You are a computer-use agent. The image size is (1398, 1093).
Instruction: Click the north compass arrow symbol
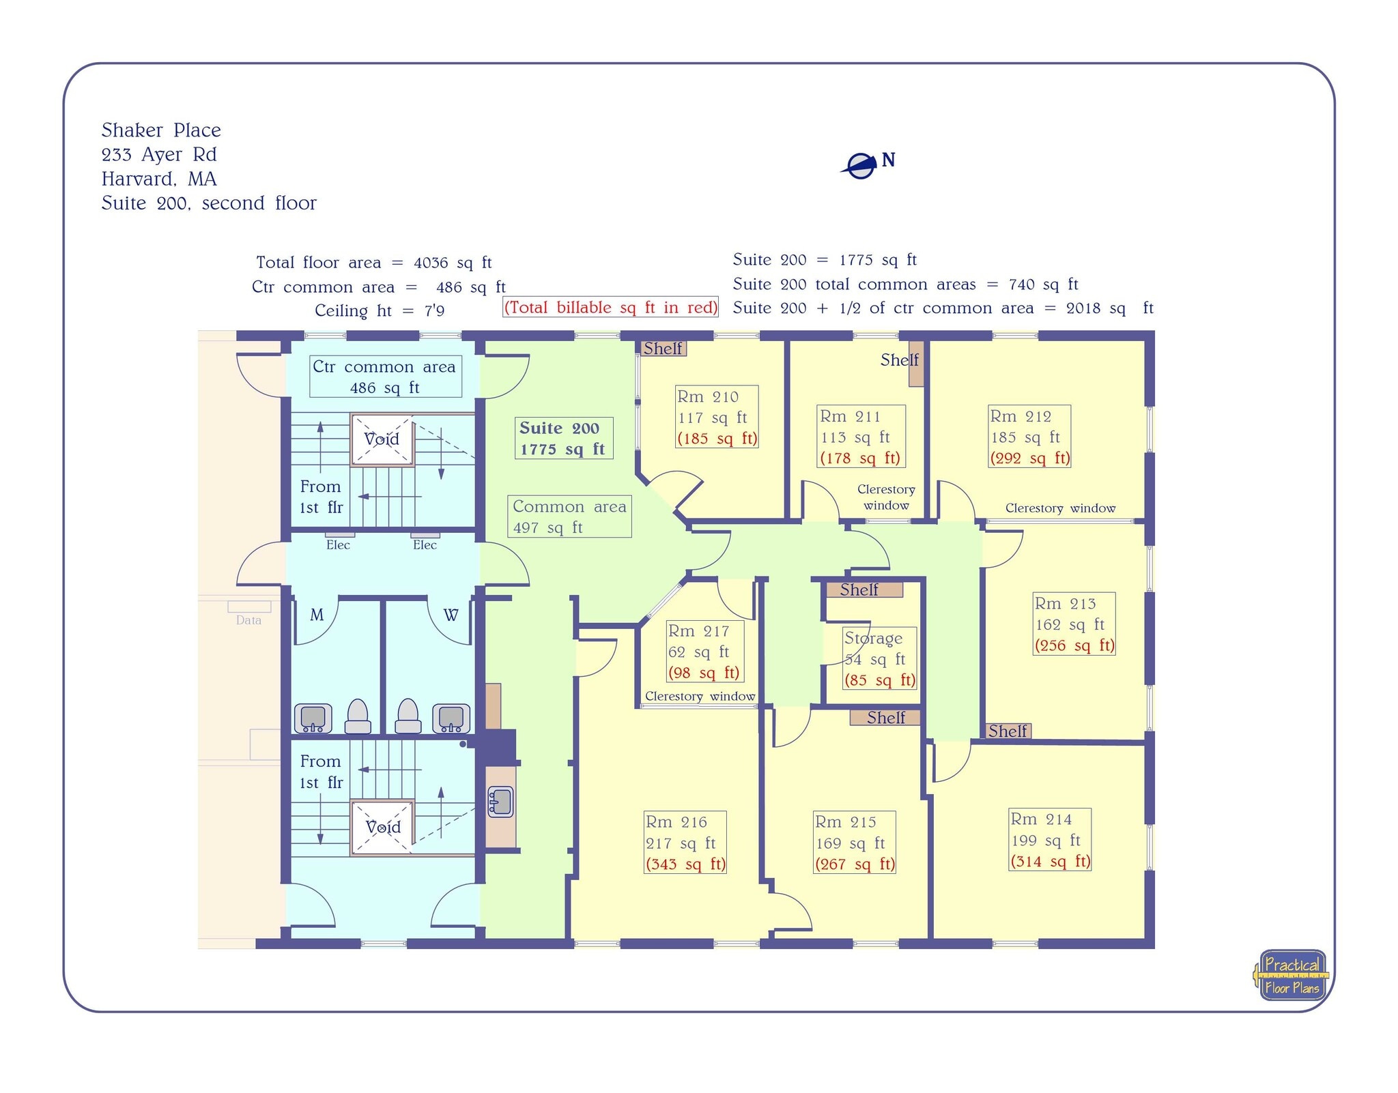point(861,166)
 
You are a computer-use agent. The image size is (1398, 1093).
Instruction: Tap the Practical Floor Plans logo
point(1292,976)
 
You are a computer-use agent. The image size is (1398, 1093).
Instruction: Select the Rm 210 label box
point(717,417)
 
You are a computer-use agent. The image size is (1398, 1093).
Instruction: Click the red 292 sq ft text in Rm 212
point(1030,458)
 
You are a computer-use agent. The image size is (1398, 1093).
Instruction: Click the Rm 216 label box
point(685,843)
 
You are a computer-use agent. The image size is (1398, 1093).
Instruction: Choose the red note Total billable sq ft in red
point(611,308)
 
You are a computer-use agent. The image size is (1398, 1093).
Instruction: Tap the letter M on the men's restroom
point(317,615)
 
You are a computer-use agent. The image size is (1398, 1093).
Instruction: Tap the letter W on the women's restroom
point(451,615)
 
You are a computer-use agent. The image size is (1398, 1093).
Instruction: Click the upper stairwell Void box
point(382,439)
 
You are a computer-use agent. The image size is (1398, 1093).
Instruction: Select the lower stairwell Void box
point(382,828)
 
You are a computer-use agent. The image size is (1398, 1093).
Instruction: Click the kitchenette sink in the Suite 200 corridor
point(500,802)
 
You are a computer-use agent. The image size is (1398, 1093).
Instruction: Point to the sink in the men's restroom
point(313,718)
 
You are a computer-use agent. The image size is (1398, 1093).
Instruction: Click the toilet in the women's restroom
point(408,716)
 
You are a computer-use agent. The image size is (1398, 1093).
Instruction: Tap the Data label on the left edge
point(248,620)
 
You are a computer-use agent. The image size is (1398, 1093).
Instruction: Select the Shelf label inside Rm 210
point(663,349)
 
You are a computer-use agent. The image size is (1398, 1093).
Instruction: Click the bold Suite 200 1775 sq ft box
point(563,438)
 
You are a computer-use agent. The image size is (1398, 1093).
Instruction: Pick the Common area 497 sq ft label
point(569,516)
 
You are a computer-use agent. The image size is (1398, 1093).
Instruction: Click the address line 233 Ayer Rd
point(159,155)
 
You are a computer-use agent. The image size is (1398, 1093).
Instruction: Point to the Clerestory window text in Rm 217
point(700,697)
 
